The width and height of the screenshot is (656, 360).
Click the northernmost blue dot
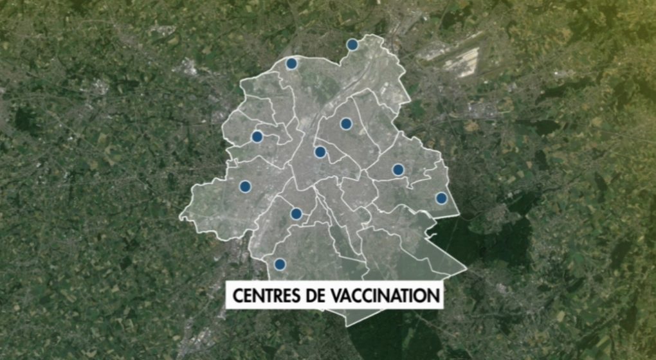(x=352, y=44)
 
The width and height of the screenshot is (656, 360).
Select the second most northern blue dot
(x=291, y=64)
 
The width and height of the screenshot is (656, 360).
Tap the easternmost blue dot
(x=441, y=198)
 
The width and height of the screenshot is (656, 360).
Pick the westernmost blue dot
(x=245, y=186)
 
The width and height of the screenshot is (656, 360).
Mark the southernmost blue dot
(x=280, y=264)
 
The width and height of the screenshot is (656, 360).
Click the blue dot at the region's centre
(x=320, y=152)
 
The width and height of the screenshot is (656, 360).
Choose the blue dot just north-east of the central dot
(x=346, y=123)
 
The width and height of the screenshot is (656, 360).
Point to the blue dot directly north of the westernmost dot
(x=257, y=136)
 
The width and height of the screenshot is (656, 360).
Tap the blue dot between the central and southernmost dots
(x=296, y=213)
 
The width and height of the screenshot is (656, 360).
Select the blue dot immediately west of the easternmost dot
(x=398, y=170)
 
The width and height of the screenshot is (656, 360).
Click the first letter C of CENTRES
(x=237, y=296)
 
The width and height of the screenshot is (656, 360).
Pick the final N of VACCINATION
(x=435, y=296)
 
